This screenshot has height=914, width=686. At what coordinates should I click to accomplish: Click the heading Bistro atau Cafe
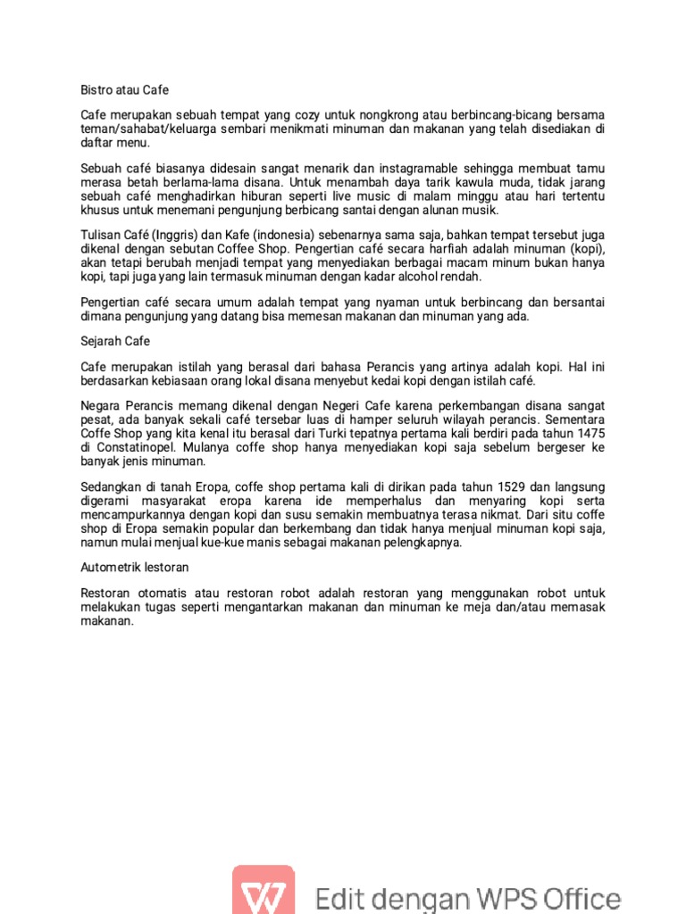pos(124,90)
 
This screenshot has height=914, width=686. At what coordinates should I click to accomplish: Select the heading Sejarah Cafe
pos(115,341)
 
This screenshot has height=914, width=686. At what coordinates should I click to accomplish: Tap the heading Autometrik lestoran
pos(134,567)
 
